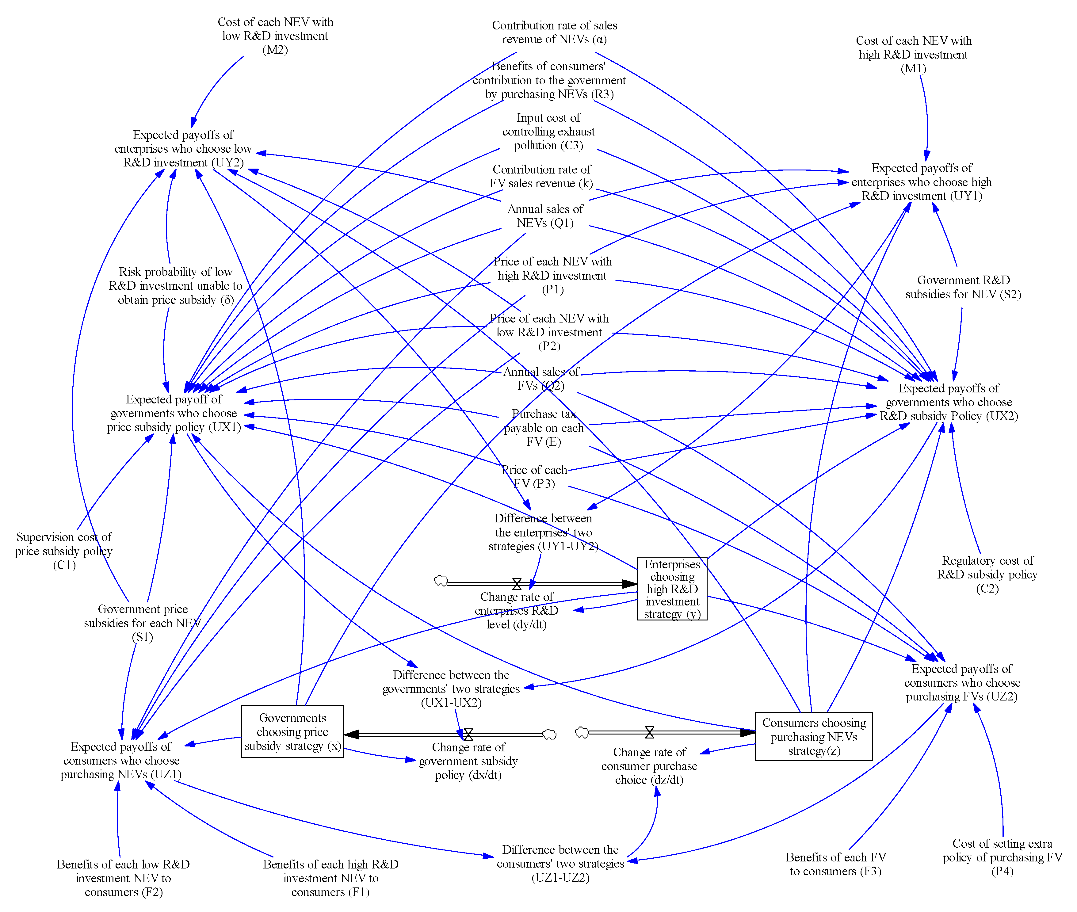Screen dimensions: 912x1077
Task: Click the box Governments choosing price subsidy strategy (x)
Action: pyautogui.click(x=292, y=731)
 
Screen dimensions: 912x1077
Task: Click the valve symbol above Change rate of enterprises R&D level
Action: pyautogui.click(x=517, y=584)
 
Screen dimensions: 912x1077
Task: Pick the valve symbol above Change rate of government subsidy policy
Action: pyautogui.click(x=468, y=734)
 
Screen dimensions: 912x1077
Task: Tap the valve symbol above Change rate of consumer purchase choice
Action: pyautogui.click(x=649, y=732)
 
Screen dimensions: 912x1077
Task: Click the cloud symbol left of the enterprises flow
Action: pyautogui.click(x=441, y=581)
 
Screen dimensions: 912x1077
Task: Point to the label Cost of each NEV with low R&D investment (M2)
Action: pyautogui.click(x=275, y=36)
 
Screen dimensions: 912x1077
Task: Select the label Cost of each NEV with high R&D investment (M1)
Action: pyautogui.click(x=913, y=54)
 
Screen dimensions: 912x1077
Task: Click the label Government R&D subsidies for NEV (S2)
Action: pyautogui.click(x=963, y=287)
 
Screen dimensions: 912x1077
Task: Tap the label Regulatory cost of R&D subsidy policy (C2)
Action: pyautogui.click(x=987, y=574)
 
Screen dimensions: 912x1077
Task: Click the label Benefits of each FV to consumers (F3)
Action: pyautogui.click(x=835, y=864)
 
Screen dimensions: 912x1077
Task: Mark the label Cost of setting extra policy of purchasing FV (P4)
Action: pyautogui.click(x=1002, y=857)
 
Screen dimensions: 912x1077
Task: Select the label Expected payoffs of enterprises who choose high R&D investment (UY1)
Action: pyautogui.click(x=921, y=182)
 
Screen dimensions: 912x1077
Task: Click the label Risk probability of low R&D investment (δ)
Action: pyautogui.click(x=175, y=286)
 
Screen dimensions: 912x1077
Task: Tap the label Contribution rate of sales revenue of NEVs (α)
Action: pyautogui.click(x=554, y=32)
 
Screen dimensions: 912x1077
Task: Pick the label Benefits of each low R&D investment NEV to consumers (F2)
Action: pyautogui.click(x=123, y=878)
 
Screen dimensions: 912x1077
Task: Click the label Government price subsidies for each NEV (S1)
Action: pyautogui.click(x=142, y=623)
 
